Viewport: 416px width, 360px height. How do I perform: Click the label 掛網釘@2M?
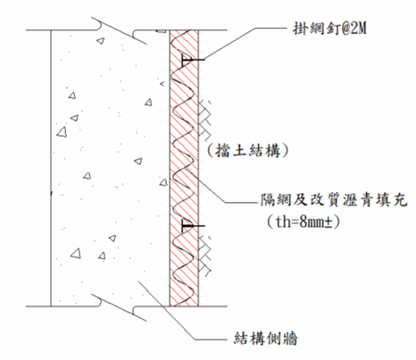click(x=329, y=29)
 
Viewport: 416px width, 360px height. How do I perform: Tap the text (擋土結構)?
click(x=248, y=150)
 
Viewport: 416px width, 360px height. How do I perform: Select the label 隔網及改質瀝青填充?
click(x=334, y=200)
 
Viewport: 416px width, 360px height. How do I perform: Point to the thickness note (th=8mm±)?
click(x=304, y=222)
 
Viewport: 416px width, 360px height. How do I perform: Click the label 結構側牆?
click(x=266, y=339)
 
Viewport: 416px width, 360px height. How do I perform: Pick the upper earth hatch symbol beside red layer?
click(x=205, y=119)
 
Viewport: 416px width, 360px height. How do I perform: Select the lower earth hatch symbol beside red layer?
click(x=205, y=255)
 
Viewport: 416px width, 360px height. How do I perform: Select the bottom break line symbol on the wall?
click(x=118, y=307)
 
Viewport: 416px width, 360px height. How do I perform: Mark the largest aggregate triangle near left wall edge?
click(x=62, y=132)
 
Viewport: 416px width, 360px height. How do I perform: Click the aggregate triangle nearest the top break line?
click(x=101, y=41)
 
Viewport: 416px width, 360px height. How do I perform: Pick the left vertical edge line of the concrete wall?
click(x=51, y=168)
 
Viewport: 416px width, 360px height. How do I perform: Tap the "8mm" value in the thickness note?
click(x=312, y=222)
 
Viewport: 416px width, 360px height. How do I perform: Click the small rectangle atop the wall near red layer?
click(x=161, y=31)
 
